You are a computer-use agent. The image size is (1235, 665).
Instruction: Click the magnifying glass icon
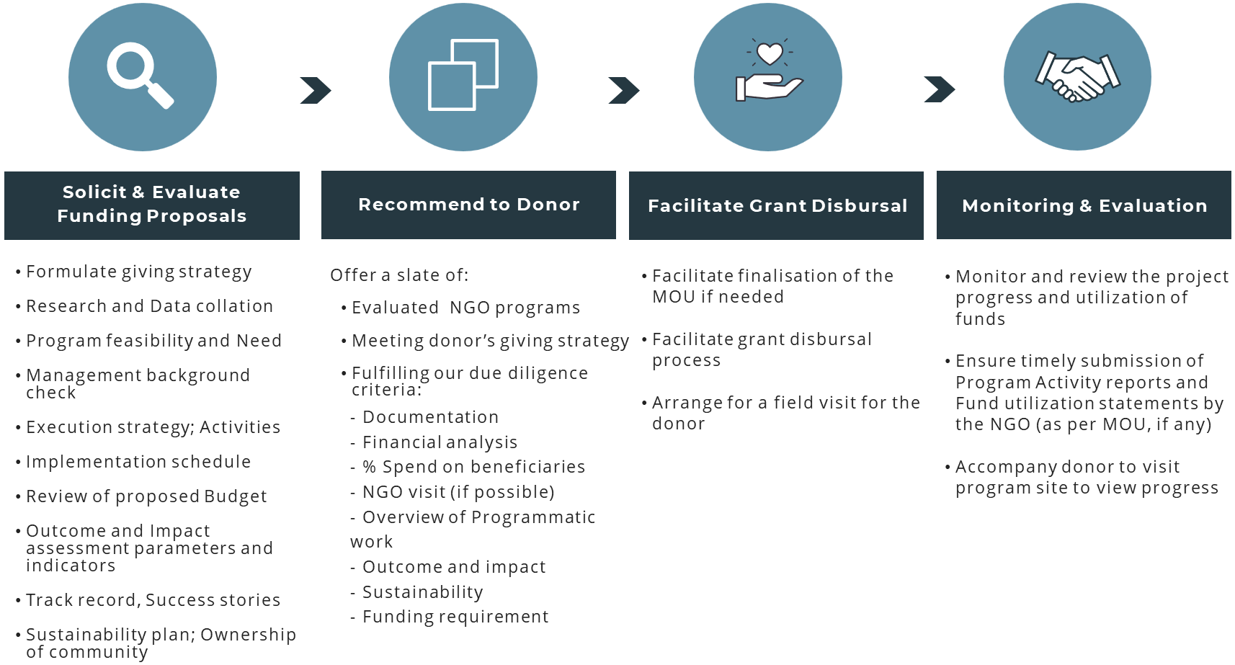[140, 74]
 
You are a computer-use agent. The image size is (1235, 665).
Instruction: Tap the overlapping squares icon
[463, 74]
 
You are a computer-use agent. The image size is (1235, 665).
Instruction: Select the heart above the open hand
[770, 53]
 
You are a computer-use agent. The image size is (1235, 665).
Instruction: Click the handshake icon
[1077, 77]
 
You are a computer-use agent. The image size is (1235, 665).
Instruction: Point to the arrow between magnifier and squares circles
[316, 91]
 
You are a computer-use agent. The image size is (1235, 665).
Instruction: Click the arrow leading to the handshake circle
[940, 89]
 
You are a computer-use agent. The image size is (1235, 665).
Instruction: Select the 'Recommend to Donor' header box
[468, 205]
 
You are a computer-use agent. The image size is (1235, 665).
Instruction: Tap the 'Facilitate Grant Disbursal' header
[776, 205]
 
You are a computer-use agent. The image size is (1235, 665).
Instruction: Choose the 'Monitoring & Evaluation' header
[1084, 205]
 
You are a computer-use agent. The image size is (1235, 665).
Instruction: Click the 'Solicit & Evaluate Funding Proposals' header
[152, 205]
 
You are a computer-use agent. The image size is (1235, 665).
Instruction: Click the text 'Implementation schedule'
[138, 462]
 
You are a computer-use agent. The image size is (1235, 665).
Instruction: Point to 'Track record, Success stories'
[153, 600]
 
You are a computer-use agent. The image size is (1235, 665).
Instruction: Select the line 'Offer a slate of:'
[399, 275]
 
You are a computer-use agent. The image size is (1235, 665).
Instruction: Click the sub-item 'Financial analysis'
[440, 442]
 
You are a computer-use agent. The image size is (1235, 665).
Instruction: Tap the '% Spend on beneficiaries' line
[473, 467]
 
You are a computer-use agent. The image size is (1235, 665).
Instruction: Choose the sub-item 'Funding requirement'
[455, 617]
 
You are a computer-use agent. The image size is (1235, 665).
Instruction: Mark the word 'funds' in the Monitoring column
[980, 318]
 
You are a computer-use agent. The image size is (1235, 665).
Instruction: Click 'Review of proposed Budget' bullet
[147, 496]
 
